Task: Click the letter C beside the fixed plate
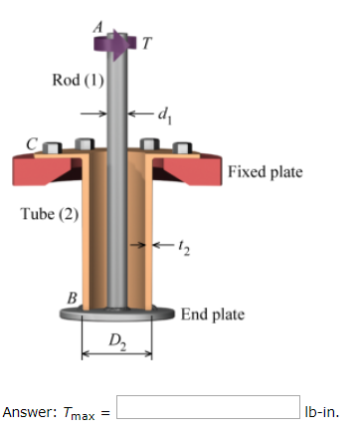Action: pyautogui.click(x=31, y=145)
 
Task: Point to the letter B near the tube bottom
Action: pyautogui.click(x=71, y=296)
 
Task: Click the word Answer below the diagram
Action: pyautogui.click(x=28, y=410)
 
